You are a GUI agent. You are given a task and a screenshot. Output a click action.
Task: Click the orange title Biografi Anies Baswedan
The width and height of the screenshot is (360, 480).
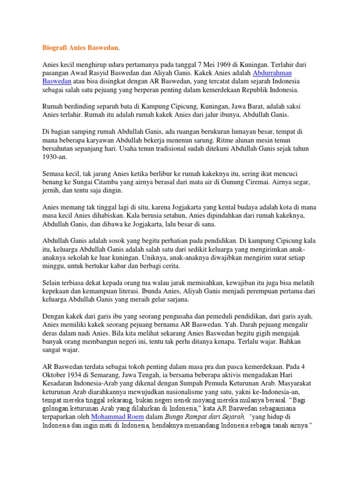(78, 47)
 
